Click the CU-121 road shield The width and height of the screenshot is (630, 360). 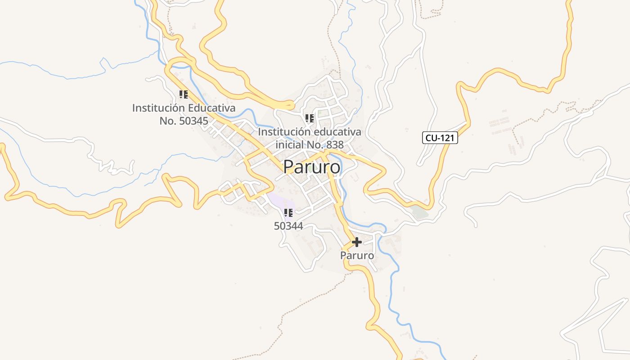tap(440, 138)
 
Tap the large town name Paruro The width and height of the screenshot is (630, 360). tap(311, 167)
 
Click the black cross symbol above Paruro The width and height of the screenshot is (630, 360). tap(356, 242)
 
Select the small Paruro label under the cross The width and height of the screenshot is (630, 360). tap(357, 255)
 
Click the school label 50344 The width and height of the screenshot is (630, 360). tap(288, 226)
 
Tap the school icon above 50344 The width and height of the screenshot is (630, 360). tap(288, 212)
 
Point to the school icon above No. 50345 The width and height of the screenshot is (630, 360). tap(184, 94)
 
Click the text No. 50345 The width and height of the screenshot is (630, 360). tap(184, 121)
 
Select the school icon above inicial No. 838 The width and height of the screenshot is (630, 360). tap(310, 118)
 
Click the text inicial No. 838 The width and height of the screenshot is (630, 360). tap(310, 144)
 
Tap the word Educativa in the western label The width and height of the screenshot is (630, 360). tap(211, 108)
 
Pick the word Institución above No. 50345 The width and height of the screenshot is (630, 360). tap(158, 108)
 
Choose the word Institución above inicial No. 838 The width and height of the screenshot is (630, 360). tap(284, 132)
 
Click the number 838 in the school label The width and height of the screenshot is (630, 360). tap(334, 144)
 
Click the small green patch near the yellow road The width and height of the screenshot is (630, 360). tap(420, 212)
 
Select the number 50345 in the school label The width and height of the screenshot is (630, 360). tap(193, 121)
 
